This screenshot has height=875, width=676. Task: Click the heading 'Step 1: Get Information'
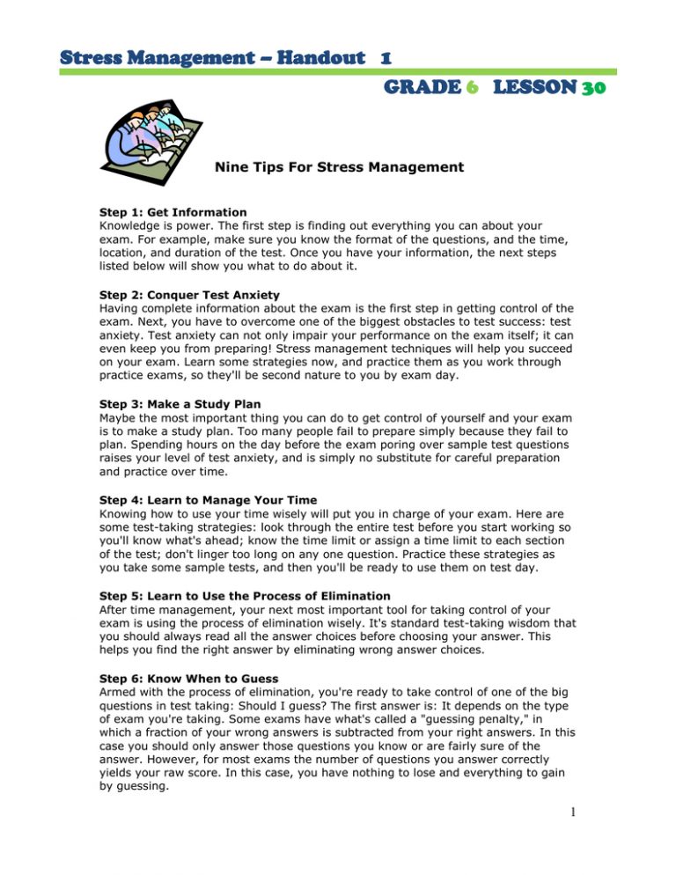click(173, 212)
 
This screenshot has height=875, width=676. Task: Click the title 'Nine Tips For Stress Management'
click(339, 166)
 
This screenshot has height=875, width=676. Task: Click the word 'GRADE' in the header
click(426, 88)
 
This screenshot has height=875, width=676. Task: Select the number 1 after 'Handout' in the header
click(386, 57)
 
